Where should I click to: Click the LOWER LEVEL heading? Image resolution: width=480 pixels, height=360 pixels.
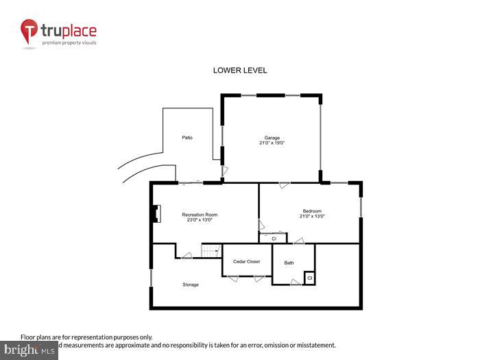(240, 71)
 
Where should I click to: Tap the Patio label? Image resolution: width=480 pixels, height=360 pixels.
(187, 138)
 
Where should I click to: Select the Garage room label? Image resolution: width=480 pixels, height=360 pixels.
(272, 138)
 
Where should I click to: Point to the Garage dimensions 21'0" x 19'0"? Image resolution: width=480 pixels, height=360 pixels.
(272, 143)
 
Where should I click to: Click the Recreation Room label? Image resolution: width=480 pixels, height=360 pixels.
(200, 215)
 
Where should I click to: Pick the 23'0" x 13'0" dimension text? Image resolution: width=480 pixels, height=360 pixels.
(200, 220)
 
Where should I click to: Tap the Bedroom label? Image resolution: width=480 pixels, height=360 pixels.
(312, 211)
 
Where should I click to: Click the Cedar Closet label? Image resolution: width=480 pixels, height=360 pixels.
(246, 261)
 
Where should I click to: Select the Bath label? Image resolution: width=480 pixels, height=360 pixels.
(289, 263)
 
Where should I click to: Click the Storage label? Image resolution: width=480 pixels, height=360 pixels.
(191, 285)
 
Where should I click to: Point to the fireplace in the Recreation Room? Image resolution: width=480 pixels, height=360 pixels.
(156, 214)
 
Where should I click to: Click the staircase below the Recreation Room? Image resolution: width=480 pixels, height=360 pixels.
(209, 251)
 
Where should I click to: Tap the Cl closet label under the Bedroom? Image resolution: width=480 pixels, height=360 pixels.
(274, 239)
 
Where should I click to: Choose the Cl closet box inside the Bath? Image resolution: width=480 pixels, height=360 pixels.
(309, 278)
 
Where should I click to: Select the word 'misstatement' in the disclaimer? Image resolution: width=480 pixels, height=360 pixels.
(314, 345)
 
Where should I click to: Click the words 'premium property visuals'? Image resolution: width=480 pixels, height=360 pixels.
(70, 43)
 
